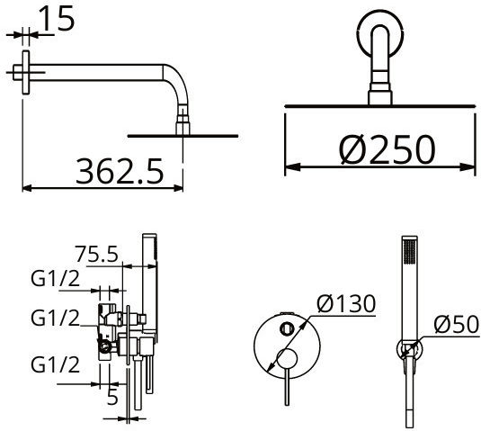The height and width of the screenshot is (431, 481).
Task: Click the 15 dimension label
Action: tap(57, 18)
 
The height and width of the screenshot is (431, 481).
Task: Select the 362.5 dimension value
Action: tap(120, 171)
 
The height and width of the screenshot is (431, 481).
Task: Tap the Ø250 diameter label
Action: tap(387, 148)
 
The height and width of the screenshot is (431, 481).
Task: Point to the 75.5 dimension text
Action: tap(97, 254)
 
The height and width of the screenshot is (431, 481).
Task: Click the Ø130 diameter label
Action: tap(346, 304)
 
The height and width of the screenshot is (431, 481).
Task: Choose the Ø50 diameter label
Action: tap(457, 324)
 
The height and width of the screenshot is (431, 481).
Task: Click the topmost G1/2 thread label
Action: tap(55, 279)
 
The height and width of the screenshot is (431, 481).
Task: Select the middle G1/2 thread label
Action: tap(55, 318)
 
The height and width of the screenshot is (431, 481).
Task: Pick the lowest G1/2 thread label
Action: tap(55, 364)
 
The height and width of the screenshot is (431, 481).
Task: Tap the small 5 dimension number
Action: tap(112, 397)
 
